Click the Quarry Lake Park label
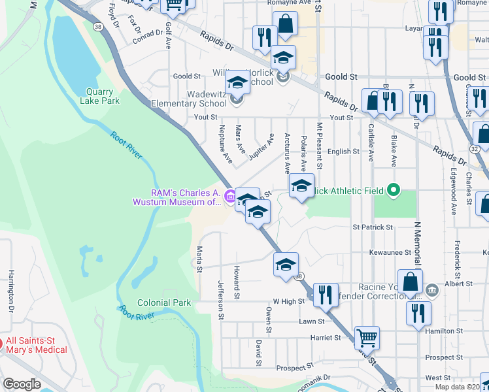[x=100, y=96]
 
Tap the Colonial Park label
[x=164, y=302]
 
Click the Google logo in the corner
[x=22, y=384]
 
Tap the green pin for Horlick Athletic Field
[x=393, y=190]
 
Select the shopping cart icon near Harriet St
[x=367, y=338]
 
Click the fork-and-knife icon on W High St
[x=325, y=294]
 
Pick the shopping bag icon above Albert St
[x=410, y=282]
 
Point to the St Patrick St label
[x=373, y=227]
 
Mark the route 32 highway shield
[x=473, y=149]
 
